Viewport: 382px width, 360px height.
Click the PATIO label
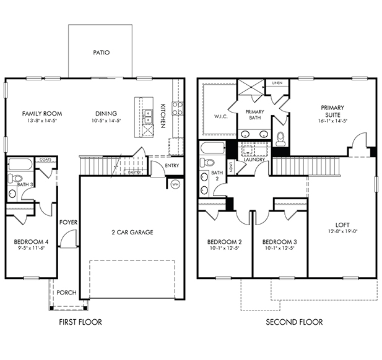[x=102, y=53]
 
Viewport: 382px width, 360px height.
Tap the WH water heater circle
[x=175, y=184]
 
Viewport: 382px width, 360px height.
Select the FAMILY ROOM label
[x=42, y=113]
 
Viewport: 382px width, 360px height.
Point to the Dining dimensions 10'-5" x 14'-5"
[x=106, y=120]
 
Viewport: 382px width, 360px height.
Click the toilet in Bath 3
[x=14, y=178]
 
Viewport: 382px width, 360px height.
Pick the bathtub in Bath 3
[x=20, y=165]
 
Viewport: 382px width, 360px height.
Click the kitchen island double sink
[x=147, y=116]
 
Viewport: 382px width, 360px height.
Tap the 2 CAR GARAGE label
[x=132, y=232]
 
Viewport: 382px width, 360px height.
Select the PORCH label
[x=66, y=293]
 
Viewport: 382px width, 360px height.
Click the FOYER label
[x=69, y=222]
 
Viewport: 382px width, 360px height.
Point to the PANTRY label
[x=135, y=173]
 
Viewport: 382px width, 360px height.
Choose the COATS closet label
[x=46, y=160]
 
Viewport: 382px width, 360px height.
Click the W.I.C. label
[x=221, y=116]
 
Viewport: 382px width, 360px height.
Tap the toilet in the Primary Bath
[x=280, y=139]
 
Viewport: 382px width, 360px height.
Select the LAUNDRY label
[x=254, y=160]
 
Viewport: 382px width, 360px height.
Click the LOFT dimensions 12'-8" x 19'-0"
[x=342, y=231]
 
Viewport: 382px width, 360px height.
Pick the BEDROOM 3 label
[x=280, y=242]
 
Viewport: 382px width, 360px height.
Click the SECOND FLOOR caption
[x=294, y=322]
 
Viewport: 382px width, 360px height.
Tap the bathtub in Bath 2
[x=212, y=148]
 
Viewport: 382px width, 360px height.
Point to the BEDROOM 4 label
[x=31, y=242]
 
